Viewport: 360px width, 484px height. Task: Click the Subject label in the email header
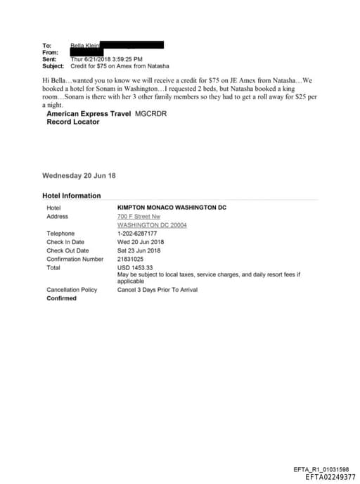tap(53, 65)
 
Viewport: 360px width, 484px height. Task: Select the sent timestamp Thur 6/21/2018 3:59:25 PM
tap(107, 59)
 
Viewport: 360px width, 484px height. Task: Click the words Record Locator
tap(72, 122)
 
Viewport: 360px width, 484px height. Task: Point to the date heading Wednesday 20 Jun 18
tap(79, 175)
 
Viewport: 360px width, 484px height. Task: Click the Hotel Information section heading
tap(71, 196)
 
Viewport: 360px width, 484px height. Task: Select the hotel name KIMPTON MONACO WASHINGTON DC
tap(172, 208)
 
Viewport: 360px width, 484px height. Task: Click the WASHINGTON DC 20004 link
tap(148, 225)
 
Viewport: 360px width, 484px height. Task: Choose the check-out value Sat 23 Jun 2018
tap(139, 250)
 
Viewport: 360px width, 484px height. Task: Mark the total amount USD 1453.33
tap(135, 267)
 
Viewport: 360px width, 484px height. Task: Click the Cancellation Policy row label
tap(72, 290)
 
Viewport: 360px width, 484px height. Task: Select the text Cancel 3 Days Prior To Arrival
tap(158, 290)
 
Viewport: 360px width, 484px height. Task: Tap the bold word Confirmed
tap(61, 298)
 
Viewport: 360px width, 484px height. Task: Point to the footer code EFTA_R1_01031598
tap(321, 469)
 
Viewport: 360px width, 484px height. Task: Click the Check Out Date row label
tap(67, 250)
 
